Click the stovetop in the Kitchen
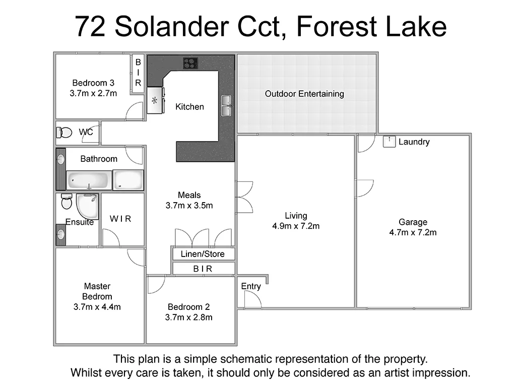coord(190,63)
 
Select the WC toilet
coord(64,133)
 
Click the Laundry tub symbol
coord(389,142)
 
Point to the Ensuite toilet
coord(67,202)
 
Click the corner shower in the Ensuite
coord(87,207)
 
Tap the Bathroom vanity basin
coord(60,160)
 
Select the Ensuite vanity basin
coord(60,234)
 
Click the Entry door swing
coord(252,300)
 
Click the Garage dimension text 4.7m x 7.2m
coord(413,232)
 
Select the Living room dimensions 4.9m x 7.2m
coord(296,226)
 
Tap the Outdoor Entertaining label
coord(304,94)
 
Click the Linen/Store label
coord(203,254)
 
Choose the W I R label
coord(120,219)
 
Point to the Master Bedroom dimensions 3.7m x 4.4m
coord(97,306)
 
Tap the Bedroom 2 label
coord(188,307)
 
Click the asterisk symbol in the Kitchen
coord(155,101)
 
